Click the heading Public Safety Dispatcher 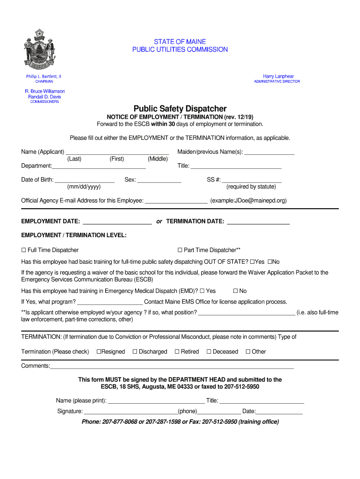(180, 109)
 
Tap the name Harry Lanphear (278, 76)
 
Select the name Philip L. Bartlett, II (43, 76)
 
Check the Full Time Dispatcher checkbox (24, 250)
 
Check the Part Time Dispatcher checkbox (180, 250)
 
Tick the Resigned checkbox (99, 352)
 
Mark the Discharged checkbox (135, 352)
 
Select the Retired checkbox (177, 352)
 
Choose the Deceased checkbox (209, 352)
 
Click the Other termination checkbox (248, 352)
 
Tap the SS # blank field (252, 181)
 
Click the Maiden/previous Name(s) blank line (269, 152)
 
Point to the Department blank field (99, 167)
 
